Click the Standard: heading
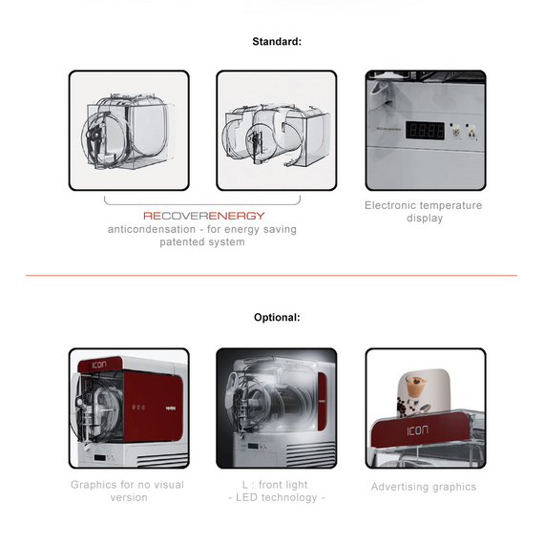(277, 42)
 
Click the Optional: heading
(277, 318)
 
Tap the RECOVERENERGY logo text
(204, 216)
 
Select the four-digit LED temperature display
(425, 131)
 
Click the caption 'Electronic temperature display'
(424, 212)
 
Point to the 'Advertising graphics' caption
(424, 487)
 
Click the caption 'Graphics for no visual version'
(128, 491)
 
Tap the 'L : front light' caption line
(275, 485)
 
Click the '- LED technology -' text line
(277, 497)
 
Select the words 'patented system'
(202, 241)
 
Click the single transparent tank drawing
(128, 131)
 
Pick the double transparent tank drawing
(276, 136)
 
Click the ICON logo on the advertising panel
(418, 430)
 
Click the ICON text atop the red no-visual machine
(99, 365)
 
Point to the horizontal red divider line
(271, 276)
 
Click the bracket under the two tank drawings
(202, 202)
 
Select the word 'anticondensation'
(152, 229)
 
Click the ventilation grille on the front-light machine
(310, 453)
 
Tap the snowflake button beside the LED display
(456, 132)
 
